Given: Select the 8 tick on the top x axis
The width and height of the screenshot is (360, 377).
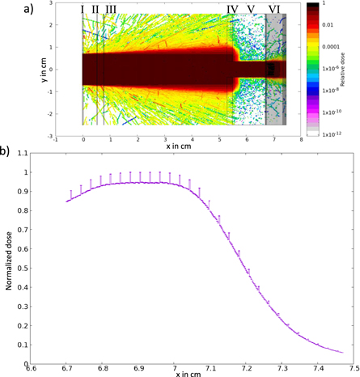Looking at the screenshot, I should [300, 140].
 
